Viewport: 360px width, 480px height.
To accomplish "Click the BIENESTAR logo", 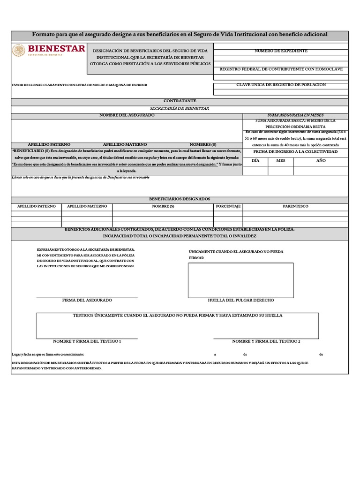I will tap(49, 50).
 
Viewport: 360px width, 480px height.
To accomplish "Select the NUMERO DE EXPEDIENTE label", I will tap(281, 51).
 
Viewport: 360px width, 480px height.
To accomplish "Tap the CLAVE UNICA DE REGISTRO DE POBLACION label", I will tap(281, 85).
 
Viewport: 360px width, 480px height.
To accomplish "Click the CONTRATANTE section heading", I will tap(180, 101).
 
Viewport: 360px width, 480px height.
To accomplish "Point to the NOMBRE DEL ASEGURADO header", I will tap(127, 115).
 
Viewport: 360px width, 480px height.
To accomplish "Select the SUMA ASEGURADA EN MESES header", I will tap(295, 115).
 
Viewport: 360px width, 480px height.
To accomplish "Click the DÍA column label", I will tap(255, 160).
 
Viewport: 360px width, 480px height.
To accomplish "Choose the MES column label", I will tap(280, 160).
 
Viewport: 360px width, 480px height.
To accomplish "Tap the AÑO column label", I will tap(321, 160).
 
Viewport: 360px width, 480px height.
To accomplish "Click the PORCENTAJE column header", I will tap(228, 206).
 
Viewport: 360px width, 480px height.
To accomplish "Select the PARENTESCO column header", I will tap(295, 206).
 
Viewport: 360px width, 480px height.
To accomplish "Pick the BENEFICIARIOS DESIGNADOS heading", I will tap(180, 199).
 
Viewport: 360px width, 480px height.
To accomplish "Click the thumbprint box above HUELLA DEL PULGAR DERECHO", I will tap(241, 280).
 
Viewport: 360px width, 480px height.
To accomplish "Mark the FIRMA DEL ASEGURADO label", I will tap(87, 300).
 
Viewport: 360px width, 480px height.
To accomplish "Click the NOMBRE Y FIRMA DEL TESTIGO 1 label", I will tap(87, 341).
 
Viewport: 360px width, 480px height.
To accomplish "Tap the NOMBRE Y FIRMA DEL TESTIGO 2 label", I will tap(266, 341).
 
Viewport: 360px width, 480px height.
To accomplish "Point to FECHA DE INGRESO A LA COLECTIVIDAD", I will tap(295, 152).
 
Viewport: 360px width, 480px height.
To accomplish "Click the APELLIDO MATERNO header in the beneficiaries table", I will tap(87, 206).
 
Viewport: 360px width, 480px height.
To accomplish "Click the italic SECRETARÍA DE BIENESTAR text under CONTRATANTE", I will tap(180, 108).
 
